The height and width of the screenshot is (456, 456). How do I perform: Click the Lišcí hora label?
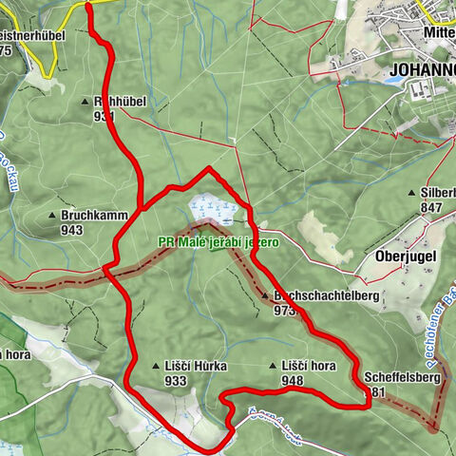click(x=308, y=366)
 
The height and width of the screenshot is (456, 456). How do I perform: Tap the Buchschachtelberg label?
click(x=326, y=296)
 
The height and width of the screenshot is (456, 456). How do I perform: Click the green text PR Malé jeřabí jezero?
click(x=218, y=242)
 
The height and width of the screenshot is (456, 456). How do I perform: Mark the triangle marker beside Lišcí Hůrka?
click(x=156, y=367)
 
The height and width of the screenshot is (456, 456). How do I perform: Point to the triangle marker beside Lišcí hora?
click(x=274, y=366)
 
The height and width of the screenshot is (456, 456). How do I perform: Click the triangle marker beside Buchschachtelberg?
click(x=265, y=296)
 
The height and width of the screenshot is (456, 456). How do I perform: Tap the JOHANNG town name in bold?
click(x=422, y=69)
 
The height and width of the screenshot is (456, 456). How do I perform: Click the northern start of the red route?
click(x=88, y=5)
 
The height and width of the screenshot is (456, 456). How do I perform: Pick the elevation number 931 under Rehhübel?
click(x=104, y=116)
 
